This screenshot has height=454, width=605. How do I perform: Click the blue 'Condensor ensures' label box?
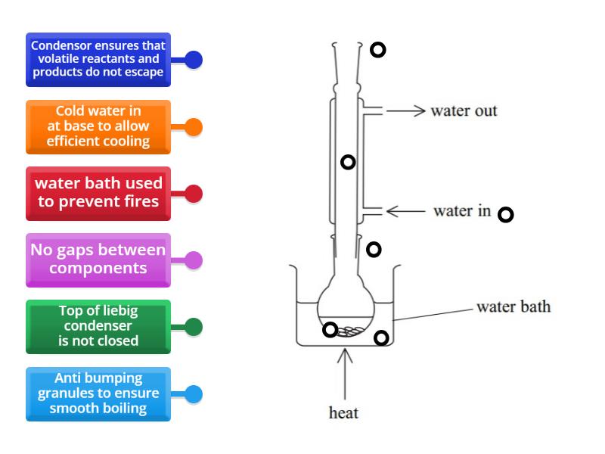(98, 59)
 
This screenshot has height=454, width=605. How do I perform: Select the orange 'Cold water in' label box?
(98, 126)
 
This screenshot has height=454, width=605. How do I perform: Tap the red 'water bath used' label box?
(98, 193)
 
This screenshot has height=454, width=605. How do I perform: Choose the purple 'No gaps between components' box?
(98, 260)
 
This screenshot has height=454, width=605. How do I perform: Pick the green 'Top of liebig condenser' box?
(98, 327)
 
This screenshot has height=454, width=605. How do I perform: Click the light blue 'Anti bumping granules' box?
(98, 393)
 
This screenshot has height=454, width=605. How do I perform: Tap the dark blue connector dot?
(194, 60)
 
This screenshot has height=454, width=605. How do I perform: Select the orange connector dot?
(194, 127)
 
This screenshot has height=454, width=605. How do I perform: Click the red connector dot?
(194, 194)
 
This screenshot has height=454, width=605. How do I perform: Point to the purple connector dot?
(194, 260)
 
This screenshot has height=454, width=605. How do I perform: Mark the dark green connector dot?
(194, 327)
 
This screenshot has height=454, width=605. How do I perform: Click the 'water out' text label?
(464, 111)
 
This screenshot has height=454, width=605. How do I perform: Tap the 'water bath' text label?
(513, 307)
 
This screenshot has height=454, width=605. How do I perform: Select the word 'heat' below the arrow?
(344, 413)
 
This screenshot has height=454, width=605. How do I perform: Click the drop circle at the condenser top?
(377, 50)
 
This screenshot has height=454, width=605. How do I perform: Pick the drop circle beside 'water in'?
(506, 214)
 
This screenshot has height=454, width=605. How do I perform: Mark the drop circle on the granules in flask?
(330, 329)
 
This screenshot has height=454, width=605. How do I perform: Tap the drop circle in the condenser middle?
(348, 161)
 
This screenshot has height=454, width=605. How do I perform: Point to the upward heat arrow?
(345, 375)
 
